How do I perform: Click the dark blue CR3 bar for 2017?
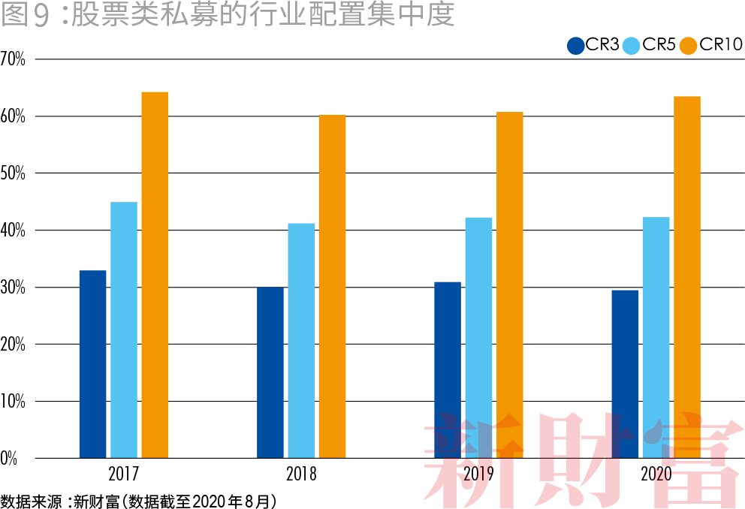[92, 364]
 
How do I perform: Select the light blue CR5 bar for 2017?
[124, 330]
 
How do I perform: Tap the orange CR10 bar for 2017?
[155, 275]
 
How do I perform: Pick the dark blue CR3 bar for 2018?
[270, 372]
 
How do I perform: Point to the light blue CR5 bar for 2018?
[301, 341]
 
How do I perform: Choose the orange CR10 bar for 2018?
[332, 287]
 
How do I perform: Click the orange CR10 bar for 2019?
[509, 285]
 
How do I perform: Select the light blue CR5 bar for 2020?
[656, 338]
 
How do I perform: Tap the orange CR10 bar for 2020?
[686, 277]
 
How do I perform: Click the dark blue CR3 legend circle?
[576, 46]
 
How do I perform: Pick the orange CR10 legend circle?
[689, 46]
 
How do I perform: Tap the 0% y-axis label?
[10, 458]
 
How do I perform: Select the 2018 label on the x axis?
[301, 474]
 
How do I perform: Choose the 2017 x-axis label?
[124, 474]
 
